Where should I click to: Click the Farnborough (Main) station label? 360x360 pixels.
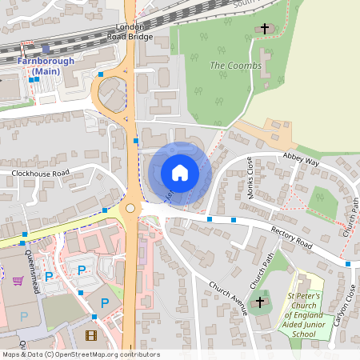click(x=46, y=66)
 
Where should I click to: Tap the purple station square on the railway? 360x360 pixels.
click(x=46, y=49)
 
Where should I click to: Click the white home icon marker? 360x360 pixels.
click(x=180, y=173)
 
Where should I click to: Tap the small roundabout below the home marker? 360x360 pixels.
click(x=130, y=209)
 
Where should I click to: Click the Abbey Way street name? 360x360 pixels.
click(x=301, y=161)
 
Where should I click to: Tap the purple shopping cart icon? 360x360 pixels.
click(x=18, y=281)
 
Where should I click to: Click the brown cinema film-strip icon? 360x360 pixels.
click(x=90, y=335)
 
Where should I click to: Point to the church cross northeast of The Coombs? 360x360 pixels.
click(x=265, y=29)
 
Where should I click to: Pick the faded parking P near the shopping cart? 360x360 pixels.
click(x=23, y=316)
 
